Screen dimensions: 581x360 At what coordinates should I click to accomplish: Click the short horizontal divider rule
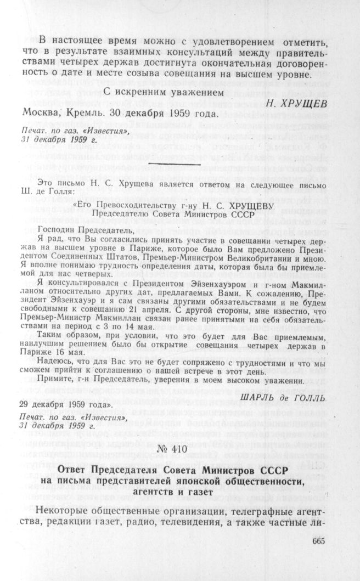(x=176, y=163)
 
